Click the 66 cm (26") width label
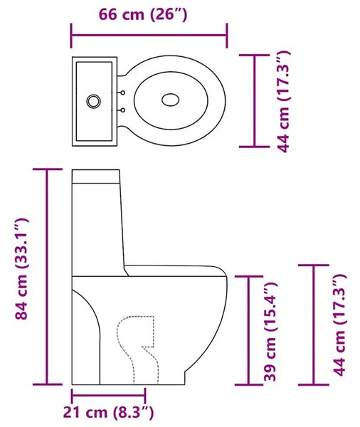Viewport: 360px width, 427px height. (143, 14)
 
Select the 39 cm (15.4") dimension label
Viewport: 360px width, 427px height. (270, 332)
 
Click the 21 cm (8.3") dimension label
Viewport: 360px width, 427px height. (108, 412)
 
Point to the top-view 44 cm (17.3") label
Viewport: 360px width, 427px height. (284, 101)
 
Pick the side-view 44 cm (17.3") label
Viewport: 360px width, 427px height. (340, 325)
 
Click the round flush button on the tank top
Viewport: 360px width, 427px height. (94, 101)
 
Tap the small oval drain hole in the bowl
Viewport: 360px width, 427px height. (171, 100)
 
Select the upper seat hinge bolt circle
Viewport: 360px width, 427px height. (123, 93)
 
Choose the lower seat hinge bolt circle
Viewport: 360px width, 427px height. (123, 110)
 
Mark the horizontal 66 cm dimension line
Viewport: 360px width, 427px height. (149, 35)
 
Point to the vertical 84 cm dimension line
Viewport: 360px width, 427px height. (47, 277)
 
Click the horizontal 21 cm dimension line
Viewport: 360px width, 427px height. (108, 396)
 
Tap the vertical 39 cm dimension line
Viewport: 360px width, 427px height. (248, 330)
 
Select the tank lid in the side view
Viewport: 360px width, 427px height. (96, 176)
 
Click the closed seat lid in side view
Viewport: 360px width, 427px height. (174, 270)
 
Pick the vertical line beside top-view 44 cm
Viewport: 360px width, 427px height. (254, 101)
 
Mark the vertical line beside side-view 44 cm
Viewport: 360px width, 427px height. (314, 325)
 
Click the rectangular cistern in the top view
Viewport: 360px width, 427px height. (95, 101)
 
